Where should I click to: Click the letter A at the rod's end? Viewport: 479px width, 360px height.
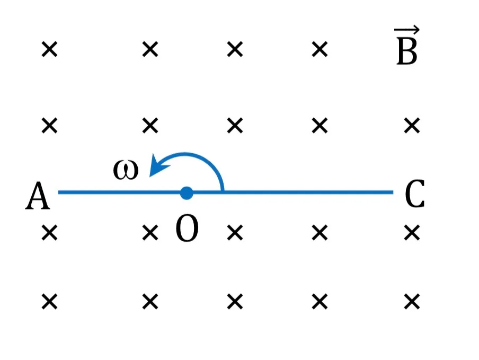click(38, 195)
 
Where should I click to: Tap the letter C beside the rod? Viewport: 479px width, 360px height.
click(414, 194)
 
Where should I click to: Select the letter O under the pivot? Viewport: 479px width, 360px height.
click(187, 229)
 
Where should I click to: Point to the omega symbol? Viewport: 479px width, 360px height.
click(126, 170)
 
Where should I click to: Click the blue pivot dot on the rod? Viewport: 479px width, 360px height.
click(187, 193)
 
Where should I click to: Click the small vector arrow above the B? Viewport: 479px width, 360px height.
click(406, 30)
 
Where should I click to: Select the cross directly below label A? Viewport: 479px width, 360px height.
click(49, 233)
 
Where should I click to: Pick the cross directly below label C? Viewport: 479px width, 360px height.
click(412, 233)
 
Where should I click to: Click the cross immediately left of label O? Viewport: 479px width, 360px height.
click(150, 233)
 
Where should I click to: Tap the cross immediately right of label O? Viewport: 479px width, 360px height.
click(235, 233)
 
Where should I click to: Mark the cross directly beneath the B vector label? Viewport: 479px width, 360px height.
click(412, 126)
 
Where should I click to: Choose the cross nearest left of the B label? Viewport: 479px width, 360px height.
click(320, 49)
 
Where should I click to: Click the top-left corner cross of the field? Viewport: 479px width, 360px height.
click(49, 49)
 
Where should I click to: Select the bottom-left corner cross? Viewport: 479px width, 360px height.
click(49, 302)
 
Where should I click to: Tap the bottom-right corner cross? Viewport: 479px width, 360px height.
click(412, 302)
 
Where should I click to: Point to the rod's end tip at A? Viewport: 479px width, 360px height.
click(59, 192)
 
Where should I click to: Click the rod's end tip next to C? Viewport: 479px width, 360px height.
click(393, 192)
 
